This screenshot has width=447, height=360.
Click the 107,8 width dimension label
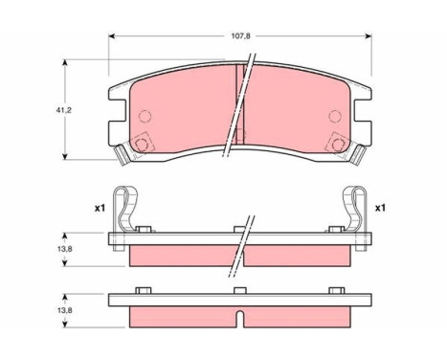tap(240, 36)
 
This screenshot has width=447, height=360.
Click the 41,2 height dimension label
tap(64, 110)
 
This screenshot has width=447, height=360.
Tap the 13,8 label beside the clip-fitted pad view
tap(64, 249)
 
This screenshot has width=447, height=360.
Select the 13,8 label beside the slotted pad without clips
tap(64, 310)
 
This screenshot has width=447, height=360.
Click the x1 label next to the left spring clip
tap(100, 209)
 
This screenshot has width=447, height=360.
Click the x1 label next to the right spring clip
tap(380, 209)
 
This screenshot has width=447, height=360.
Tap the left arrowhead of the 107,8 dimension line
tap(111, 36)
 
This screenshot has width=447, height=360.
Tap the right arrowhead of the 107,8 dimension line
tap(369, 36)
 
